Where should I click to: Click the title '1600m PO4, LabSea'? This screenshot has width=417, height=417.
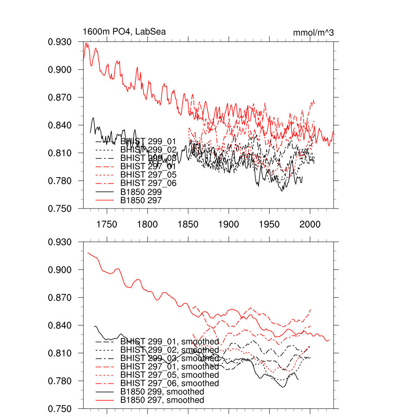(x=124, y=32)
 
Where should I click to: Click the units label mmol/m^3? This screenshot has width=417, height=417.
(x=313, y=33)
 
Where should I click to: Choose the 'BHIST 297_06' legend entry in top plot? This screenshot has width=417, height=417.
(x=149, y=183)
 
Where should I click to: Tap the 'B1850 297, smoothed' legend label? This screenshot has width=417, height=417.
(x=162, y=400)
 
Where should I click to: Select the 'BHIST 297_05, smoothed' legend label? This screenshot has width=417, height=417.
(x=169, y=375)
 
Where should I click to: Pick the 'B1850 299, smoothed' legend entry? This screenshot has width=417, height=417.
(x=162, y=392)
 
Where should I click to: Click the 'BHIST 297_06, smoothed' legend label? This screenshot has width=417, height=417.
(x=169, y=383)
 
